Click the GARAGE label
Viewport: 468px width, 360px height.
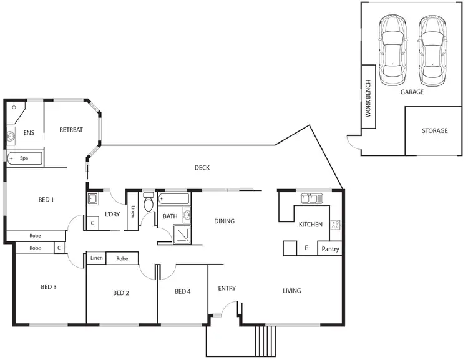click(x=412, y=92)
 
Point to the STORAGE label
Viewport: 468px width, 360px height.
click(x=434, y=131)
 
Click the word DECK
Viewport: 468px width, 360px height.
click(x=202, y=167)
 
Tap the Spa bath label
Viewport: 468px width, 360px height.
click(x=24, y=158)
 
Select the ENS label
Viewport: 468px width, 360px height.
click(x=29, y=133)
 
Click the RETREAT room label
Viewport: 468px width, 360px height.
click(x=71, y=130)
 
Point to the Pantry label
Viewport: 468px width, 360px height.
click(x=329, y=249)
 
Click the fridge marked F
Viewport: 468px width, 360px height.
click(x=306, y=248)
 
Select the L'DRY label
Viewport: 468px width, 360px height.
click(x=112, y=215)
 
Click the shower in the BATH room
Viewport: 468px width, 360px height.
click(x=182, y=233)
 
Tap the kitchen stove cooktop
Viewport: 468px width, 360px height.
click(x=335, y=225)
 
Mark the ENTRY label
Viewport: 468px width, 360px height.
click(x=227, y=288)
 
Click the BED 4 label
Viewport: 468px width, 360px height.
click(x=182, y=291)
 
